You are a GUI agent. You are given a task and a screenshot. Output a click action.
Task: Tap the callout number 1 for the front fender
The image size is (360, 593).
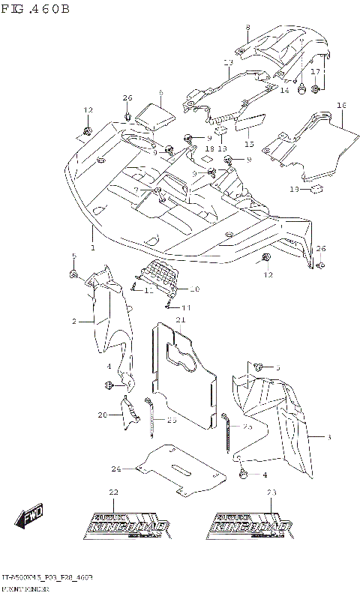92,247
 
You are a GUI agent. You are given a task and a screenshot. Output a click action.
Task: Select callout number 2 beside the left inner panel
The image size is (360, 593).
74,322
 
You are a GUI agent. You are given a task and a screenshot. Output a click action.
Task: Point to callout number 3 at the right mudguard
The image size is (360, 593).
328,436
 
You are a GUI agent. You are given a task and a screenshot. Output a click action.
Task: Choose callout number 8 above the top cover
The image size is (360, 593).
247,28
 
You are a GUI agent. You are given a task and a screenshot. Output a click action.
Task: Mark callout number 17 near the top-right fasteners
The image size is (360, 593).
316,71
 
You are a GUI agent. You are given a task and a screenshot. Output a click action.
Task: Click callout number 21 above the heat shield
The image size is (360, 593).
180,320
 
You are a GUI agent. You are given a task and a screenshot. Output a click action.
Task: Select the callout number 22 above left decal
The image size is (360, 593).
113,492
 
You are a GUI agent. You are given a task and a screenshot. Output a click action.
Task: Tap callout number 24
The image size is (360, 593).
116,469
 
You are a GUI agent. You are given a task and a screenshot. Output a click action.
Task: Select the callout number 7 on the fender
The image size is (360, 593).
136,190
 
